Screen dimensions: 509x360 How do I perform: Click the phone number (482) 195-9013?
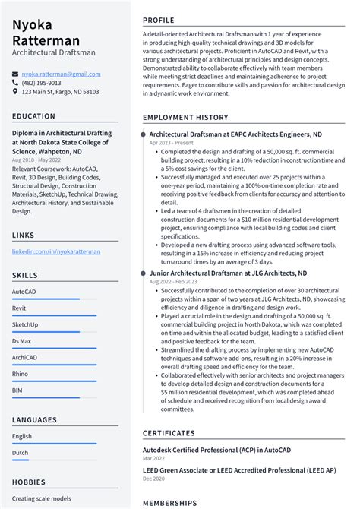(x=42, y=84)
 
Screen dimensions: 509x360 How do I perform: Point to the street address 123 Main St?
(x=60, y=92)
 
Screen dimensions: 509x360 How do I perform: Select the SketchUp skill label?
(x=25, y=324)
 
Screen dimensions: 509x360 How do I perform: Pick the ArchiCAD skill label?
(x=25, y=358)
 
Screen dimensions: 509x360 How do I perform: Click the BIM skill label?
(x=17, y=390)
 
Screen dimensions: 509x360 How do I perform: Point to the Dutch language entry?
(x=21, y=453)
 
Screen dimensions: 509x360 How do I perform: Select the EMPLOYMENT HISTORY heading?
(x=185, y=118)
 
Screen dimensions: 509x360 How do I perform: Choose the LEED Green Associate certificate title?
(x=239, y=471)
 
